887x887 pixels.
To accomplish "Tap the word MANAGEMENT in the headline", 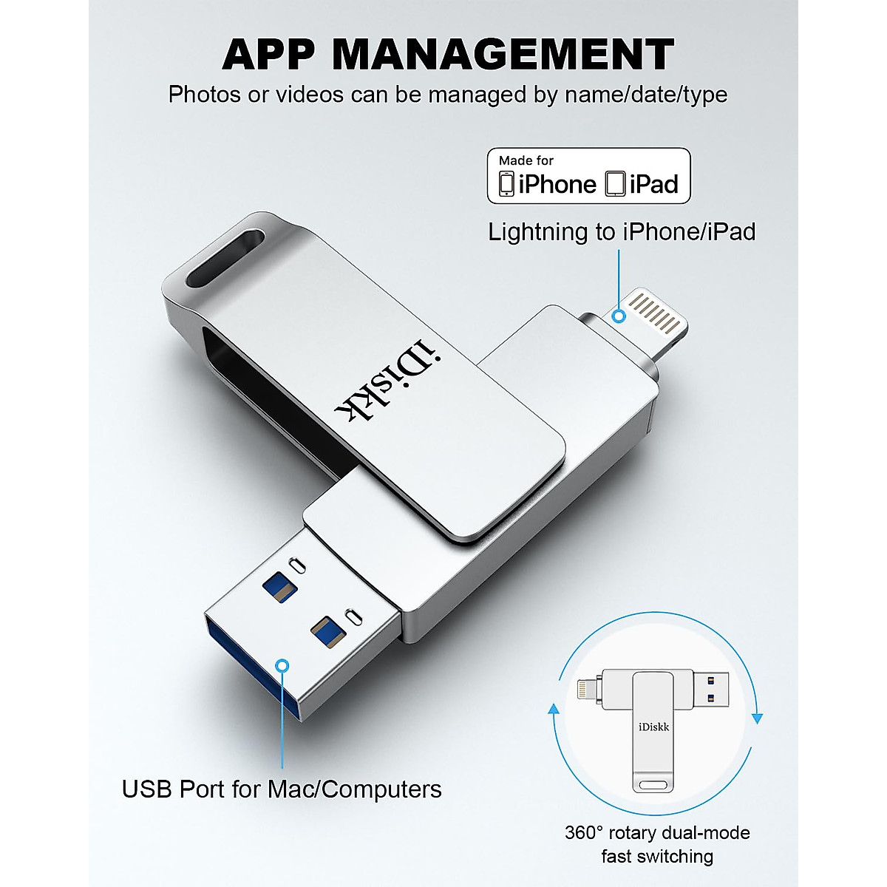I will point(503,54).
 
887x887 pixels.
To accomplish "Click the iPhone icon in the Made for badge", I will point(506,184).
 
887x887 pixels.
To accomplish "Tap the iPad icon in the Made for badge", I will point(615,184).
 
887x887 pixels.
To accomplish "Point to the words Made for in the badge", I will point(526,160).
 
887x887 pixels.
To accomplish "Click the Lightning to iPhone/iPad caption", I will point(622,232).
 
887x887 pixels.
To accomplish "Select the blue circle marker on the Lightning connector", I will point(619,316).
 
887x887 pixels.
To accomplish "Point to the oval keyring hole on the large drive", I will point(225,258).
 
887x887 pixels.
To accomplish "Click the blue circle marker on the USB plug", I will point(282,665).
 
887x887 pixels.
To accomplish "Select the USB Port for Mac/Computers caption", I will point(282,789).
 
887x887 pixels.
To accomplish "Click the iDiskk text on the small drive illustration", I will point(654,727).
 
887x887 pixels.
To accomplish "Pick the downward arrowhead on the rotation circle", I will point(757,718).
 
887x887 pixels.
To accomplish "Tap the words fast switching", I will point(657,857).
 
